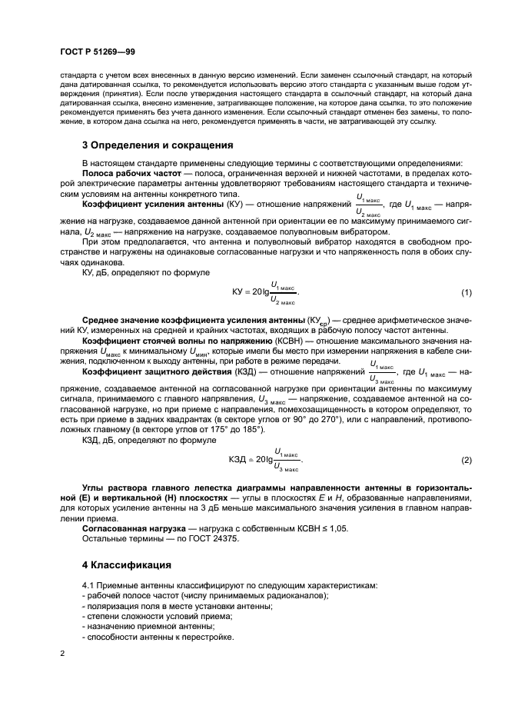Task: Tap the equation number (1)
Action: click(x=466, y=293)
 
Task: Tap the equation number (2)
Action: click(x=466, y=460)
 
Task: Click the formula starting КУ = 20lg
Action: click(x=264, y=293)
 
